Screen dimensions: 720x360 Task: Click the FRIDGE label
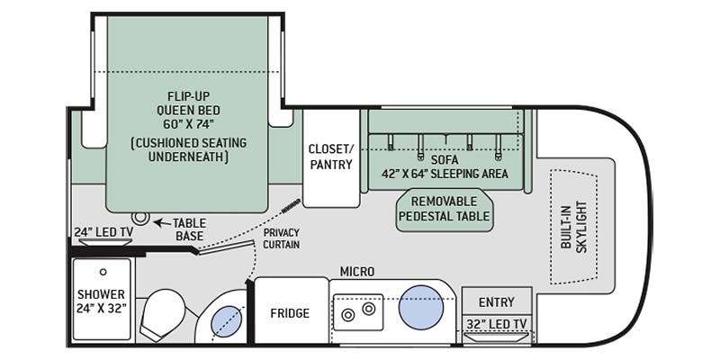pyautogui.click(x=290, y=313)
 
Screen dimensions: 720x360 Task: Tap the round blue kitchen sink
pyautogui.click(x=420, y=307)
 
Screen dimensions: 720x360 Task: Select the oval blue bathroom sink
pyautogui.click(x=227, y=321)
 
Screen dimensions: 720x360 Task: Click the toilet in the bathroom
pyautogui.click(x=163, y=314)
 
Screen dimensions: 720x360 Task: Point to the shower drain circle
pyautogui.click(x=103, y=272)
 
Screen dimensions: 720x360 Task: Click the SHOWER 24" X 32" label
pyautogui.click(x=101, y=301)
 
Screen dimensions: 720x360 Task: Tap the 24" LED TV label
pyautogui.click(x=103, y=232)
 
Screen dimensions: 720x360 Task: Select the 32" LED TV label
pyautogui.click(x=497, y=324)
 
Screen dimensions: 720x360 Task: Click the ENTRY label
pyautogui.click(x=497, y=302)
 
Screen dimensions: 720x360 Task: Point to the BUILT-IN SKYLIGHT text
pyautogui.click(x=574, y=227)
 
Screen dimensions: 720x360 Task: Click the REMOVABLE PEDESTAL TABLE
pyautogui.click(x=444, y=209)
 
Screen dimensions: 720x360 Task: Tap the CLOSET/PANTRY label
pyautogui.click(x=330, y=157)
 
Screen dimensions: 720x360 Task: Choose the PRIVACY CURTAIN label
pyautogui.click(x=282, y=238)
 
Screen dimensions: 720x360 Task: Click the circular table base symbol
pyautogui.click(x=140, y=217)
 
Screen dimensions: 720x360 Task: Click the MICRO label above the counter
pyautogui.click(x=356, y=272)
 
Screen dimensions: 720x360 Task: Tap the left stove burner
pyautogui.click(x=348, y=315)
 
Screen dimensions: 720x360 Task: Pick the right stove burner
pyautogui.click(x=369, y=309)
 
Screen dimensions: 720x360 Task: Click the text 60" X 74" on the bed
pyautogui.click(x=188, y=124)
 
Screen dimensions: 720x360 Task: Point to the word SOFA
pyautogui.click(x=445, y=160)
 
